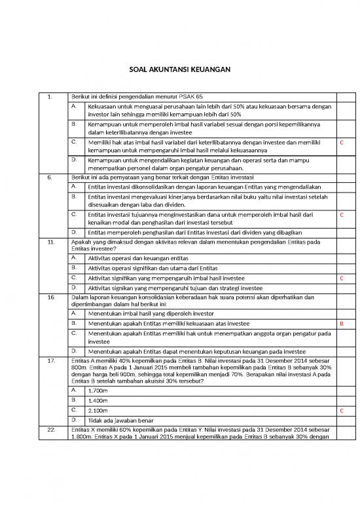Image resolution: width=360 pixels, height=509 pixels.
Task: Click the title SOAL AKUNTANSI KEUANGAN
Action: pyautogui.click(x=179, y=69)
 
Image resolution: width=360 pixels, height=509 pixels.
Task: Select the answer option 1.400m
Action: pyautogui.click(x=98, y=400)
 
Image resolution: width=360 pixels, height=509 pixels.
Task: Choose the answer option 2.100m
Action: pyautogui.click(x=98, y=410)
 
